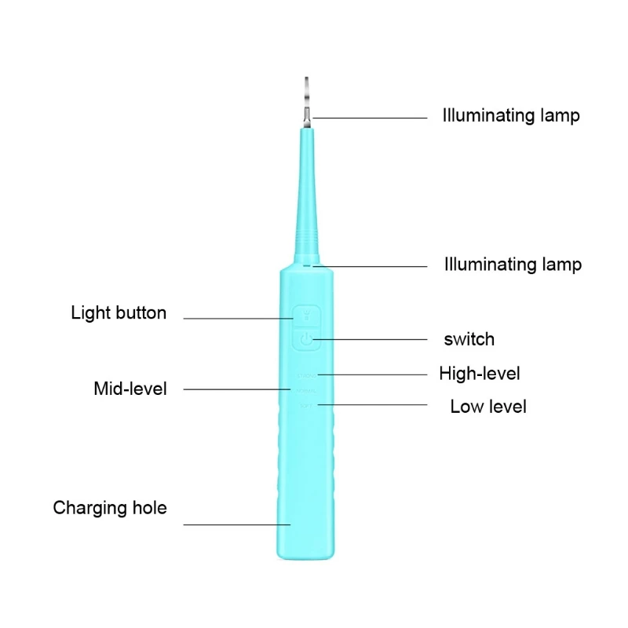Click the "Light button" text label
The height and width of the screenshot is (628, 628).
click(x=119, y=313)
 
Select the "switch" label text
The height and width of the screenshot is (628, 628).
click(x=469, y=340)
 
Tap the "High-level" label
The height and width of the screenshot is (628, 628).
click(x=479, y=374)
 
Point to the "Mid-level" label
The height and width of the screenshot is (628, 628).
click(x=130, y=389)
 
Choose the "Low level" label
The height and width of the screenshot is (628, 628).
click(x=487, y=407)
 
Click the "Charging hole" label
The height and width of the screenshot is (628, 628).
click(x=110, y=508)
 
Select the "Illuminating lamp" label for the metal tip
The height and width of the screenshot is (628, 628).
click(x=511, y=116)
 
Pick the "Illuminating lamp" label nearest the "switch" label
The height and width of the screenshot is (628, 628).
click(x=513, y=265)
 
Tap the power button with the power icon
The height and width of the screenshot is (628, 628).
click(x=306, y=340)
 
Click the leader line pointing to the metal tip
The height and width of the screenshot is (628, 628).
click(x=369, y=119)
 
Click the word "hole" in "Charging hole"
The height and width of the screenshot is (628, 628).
click(x=149, y=508)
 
